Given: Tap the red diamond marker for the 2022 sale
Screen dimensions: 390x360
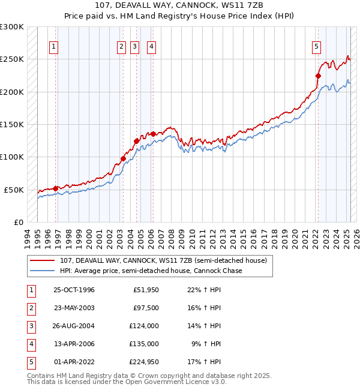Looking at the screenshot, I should tap(318, 76).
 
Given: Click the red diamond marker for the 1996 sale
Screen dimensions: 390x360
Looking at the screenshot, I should tap(56, 188).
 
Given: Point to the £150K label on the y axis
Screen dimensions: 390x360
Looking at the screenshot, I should tap(12, 124).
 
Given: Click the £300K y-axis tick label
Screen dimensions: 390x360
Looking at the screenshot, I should tap(12, 27).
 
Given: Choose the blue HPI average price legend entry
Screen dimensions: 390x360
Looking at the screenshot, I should tap(151, 271).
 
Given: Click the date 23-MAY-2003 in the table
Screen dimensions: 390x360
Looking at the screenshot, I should tap(74, 308).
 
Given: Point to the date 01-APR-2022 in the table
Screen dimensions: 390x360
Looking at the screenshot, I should tap(74, 362).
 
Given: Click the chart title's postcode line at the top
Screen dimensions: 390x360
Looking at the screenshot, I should tap(179, 6).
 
